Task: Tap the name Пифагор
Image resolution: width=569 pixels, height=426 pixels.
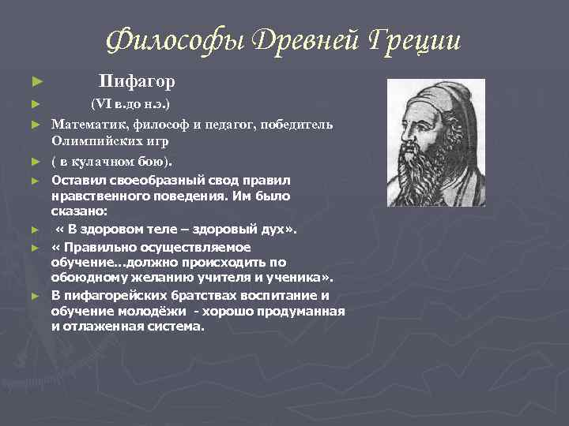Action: [137, 81]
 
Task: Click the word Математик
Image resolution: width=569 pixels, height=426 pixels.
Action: [89, 125]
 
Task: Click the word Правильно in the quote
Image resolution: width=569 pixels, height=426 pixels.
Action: [105, 247]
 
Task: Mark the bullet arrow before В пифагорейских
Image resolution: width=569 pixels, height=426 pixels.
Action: [34, 296]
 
